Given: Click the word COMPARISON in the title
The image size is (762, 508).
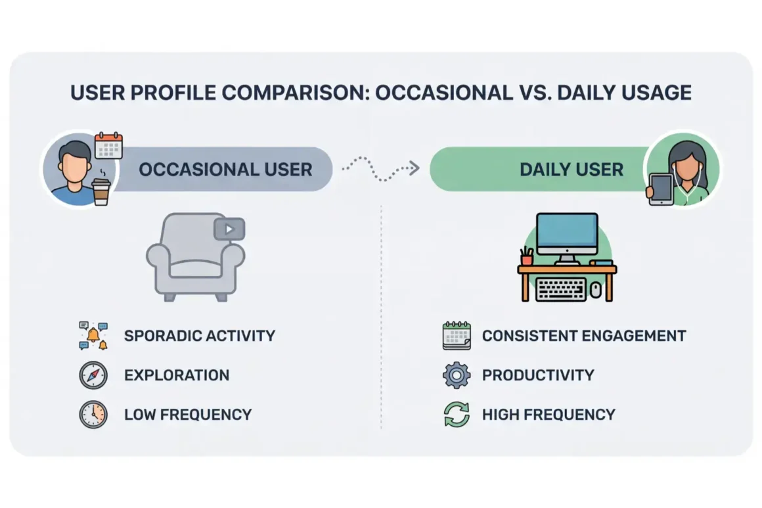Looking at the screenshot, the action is point(293,93).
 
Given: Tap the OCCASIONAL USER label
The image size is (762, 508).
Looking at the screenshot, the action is point(225,170).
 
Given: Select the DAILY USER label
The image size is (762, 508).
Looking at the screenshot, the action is point(571,170).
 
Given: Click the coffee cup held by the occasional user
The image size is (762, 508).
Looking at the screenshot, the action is point(101,191).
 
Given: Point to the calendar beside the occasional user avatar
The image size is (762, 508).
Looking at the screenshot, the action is point(108,145).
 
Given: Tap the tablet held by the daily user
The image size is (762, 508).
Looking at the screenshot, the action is point(660,189).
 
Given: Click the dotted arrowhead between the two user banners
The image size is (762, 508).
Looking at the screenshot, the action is point(414,168).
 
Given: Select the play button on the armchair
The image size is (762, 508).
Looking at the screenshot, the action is point(229,229).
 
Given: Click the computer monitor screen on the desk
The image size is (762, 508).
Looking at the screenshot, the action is point(567,231).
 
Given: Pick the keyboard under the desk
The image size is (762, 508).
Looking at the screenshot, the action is point(561,289).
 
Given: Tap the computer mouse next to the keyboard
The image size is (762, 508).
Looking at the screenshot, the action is point(596,290).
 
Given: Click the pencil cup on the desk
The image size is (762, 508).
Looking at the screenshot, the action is point(527,256).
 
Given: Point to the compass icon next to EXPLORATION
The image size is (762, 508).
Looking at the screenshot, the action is point(93,375).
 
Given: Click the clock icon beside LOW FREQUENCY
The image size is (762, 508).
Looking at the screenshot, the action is point(93,415).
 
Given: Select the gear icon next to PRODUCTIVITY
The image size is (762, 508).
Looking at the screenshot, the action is point(457,375).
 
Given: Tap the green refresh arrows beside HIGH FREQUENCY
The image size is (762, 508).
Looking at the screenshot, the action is point(457,415).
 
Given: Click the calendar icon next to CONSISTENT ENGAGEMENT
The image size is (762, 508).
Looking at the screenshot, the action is point(457,335).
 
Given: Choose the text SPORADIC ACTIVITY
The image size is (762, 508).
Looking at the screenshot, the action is point(200,336).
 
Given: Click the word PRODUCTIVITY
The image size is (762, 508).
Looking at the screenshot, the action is point(538,375).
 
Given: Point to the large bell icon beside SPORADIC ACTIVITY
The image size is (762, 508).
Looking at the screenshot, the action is point(93,335).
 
